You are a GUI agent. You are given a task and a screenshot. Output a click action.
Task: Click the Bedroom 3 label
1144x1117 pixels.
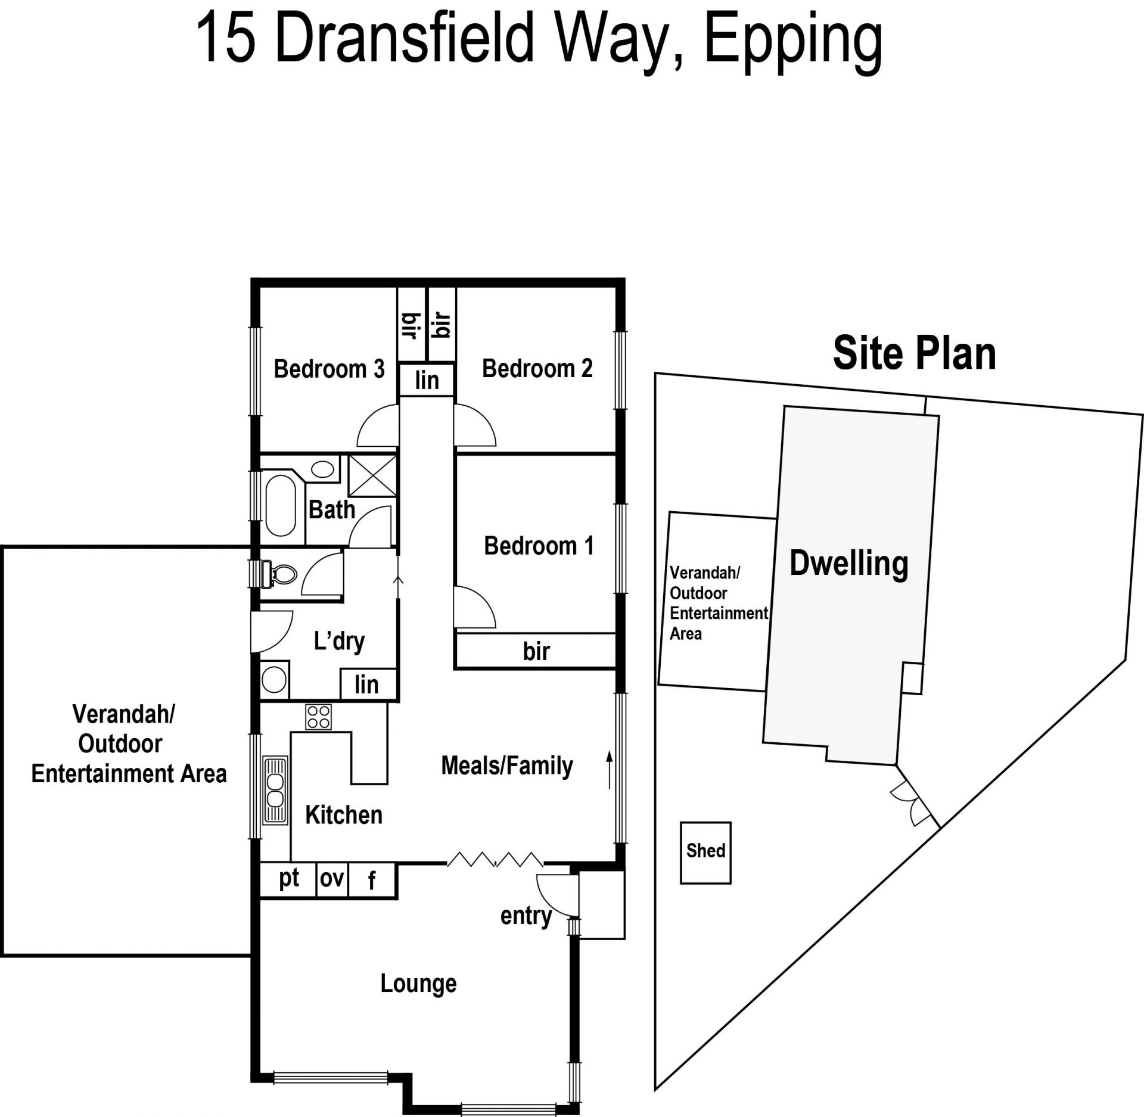point(329,369)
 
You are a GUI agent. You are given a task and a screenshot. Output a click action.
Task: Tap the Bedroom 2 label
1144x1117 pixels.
point(537,368)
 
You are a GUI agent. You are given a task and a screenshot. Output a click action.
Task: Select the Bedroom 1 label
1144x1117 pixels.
point(539,546)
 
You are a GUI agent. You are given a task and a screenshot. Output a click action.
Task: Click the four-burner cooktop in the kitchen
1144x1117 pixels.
point(318,717)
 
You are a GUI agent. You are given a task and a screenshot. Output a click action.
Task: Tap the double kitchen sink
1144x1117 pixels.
point(275,790)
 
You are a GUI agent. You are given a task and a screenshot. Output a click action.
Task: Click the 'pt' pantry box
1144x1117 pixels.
point(288,880)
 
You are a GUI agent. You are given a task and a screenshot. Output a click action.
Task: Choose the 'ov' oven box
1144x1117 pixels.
point(332,880)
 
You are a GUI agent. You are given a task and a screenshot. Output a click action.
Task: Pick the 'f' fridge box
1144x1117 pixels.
point(372,880)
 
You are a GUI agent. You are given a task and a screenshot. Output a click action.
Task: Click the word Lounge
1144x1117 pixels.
point(418,984)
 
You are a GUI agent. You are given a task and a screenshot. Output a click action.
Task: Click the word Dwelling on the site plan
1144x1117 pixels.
point(848,564)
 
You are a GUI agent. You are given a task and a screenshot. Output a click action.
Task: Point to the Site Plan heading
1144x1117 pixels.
point(914,353)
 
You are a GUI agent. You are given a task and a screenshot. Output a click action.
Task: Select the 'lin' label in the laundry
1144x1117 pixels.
point(366,684)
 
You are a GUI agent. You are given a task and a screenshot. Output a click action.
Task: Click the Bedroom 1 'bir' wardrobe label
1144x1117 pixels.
point(536,651)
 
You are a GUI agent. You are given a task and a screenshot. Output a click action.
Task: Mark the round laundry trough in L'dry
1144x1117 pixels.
point(274,680)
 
